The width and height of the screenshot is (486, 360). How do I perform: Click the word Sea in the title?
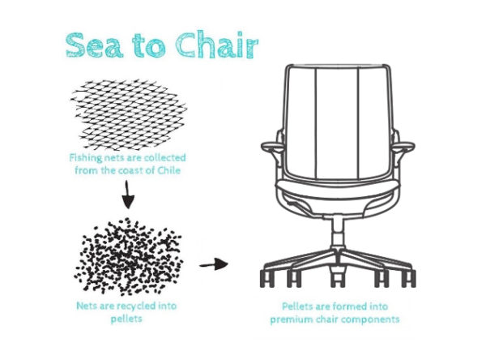(94, 45)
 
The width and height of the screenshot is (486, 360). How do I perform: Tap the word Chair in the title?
(216, 44)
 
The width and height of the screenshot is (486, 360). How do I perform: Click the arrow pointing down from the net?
(128, 195)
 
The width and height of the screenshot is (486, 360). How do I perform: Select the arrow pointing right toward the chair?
(214, 264)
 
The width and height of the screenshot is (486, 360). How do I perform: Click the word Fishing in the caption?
(85, 158)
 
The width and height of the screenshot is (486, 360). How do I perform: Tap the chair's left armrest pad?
(273, 146)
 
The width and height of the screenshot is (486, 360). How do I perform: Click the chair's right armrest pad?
(403, 146)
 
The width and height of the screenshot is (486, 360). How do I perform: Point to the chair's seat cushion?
(338, 188)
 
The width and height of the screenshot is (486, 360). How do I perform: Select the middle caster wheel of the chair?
(338, 278)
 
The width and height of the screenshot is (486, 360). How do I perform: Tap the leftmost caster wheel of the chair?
(266, 278)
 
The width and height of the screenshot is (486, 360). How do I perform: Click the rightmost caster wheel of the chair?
(408, 278)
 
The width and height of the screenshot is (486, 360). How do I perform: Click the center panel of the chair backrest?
(337, 123)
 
